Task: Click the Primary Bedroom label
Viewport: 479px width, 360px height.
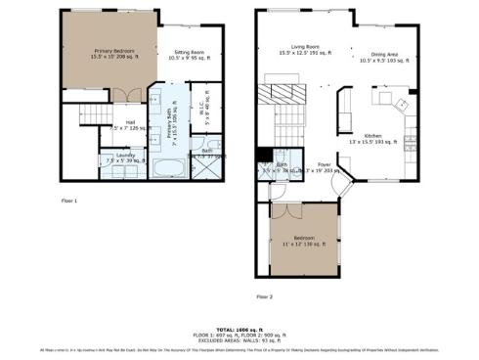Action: pyautogui.click(x=114, y=52)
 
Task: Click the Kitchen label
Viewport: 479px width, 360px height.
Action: pyautogui.click(x=376, y=137)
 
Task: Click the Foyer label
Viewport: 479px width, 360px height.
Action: pyautogui.click(x=325, y=165)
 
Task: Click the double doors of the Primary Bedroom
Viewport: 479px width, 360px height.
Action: pyautogui.click(x=120, y=95)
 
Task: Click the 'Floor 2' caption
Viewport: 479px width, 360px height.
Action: pyautogui.click(x=265, y=295)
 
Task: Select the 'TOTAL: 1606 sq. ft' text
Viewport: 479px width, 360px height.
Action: pyautogui.click(x=239, y=330)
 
